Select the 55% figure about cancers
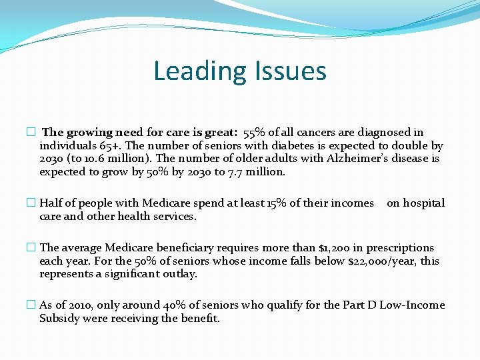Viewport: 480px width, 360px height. [256, 133]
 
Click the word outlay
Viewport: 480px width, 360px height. [179, 274]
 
